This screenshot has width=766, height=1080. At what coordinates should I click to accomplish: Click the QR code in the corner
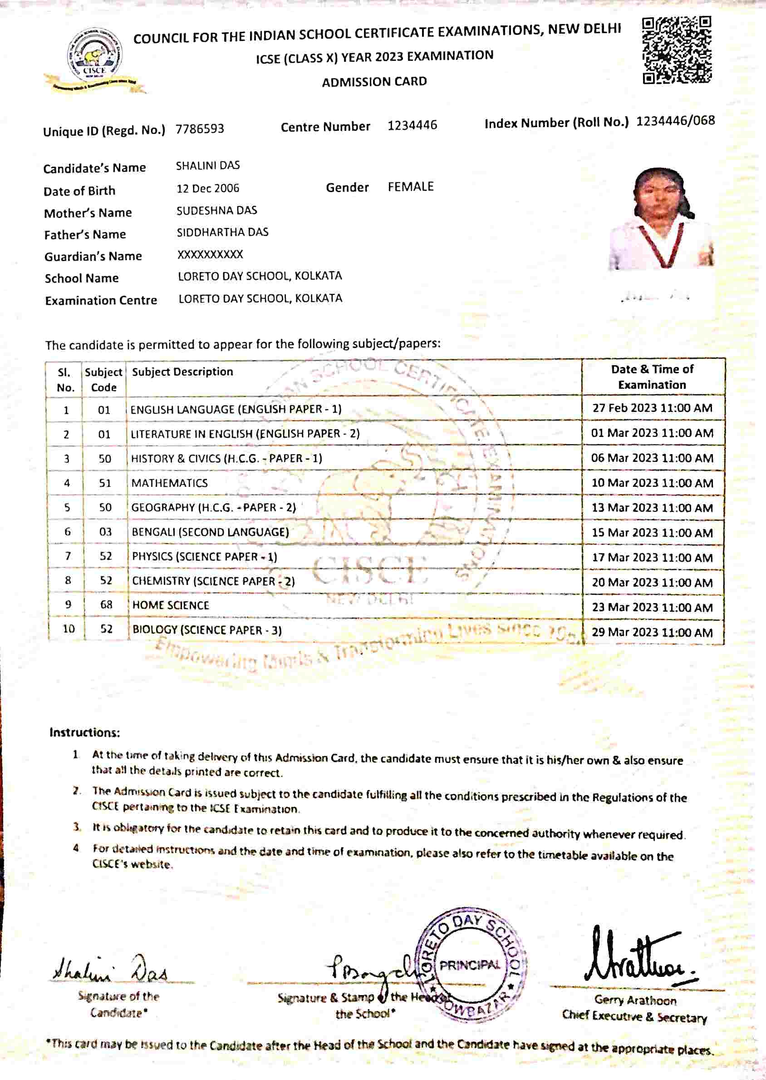tap(677, 50)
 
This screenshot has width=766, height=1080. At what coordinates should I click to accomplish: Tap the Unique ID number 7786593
tap(200, 129)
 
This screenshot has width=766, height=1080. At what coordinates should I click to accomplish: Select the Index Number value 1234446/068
tap(675, 121)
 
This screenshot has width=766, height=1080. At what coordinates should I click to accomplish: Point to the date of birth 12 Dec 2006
tap(207, 188)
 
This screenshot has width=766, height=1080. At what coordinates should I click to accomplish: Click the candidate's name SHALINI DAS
tap(207, 166)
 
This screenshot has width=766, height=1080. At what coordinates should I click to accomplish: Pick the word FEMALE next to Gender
tap(410, 187)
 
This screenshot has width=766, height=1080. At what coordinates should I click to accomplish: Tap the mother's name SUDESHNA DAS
tap(216, 211)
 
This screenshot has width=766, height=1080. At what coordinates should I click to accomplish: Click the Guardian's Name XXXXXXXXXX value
tap(210, 254)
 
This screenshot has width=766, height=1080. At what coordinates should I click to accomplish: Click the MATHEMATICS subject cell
tap(169, 483)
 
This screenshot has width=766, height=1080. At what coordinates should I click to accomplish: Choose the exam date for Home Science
tap(652, 608)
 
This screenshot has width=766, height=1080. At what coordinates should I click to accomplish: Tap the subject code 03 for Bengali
tap(105, 532)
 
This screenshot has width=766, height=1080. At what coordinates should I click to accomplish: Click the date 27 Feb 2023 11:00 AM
tap(652, 408)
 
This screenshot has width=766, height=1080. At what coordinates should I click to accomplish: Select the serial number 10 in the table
tap(69, 629)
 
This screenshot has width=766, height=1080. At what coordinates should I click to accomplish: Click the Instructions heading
tap(84, 733)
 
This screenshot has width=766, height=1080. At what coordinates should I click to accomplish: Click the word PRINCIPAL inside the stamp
tap(469, 965)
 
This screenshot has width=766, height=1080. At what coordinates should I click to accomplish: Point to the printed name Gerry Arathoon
tap(635, 1000)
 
